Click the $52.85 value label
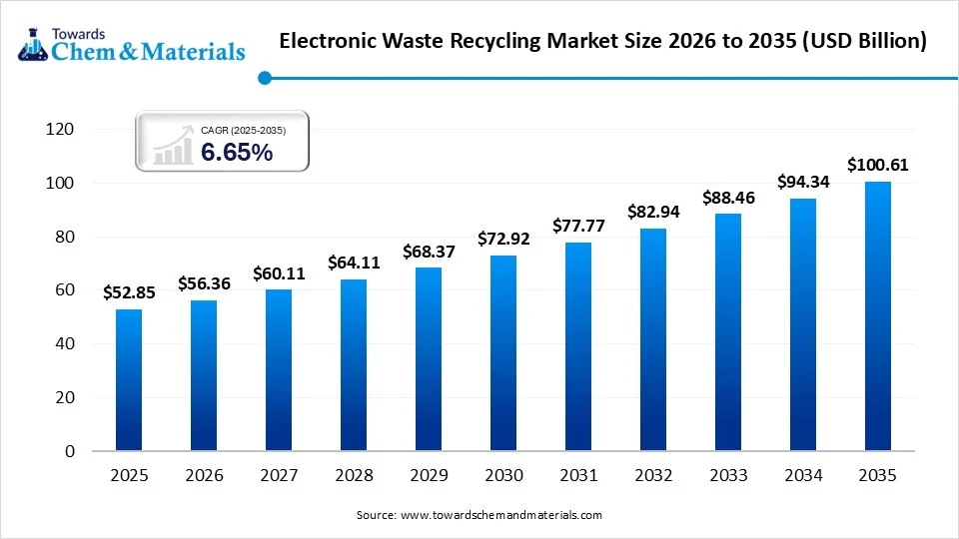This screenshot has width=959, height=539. pos(129,292)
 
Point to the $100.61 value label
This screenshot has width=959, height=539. pos(878,165)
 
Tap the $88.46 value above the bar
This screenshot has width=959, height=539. pos(728,198)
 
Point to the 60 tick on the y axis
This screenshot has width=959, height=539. pos(64,290)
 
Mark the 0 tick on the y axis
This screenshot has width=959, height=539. pos(69,451)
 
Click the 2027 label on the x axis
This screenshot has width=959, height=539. pos(279,476)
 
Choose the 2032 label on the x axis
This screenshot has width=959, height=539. pos(653,476)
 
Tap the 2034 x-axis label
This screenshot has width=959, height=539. pos(803,476)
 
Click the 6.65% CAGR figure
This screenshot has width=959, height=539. pos(237,153)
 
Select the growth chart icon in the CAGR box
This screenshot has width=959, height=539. pos(172,147)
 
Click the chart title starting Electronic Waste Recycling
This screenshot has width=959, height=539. pos(602,41)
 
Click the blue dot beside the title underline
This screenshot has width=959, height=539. pos(265,77)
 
